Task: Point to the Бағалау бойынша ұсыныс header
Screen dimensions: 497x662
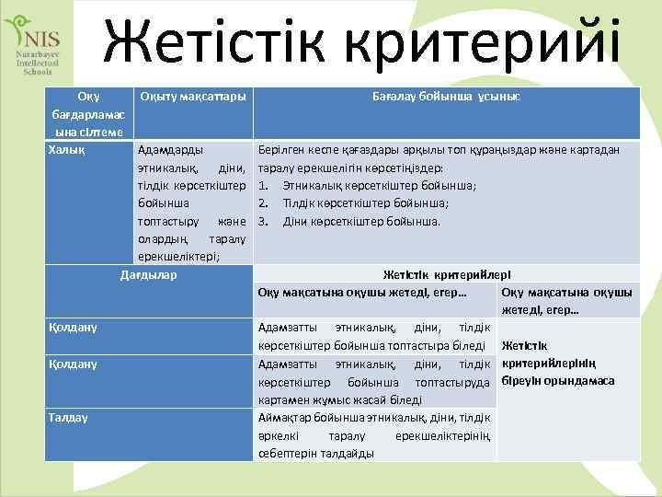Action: point(445,97)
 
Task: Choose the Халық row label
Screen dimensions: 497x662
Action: point(66,149)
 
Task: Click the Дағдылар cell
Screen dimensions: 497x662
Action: point(149,274)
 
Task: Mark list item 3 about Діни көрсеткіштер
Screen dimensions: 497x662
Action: point(349,221)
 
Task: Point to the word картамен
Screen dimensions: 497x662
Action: point(287,399)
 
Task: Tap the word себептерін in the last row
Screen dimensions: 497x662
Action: point(287,453)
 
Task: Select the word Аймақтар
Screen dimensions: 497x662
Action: point(287,418)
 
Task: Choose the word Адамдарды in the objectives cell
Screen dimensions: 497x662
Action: point(171,149)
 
